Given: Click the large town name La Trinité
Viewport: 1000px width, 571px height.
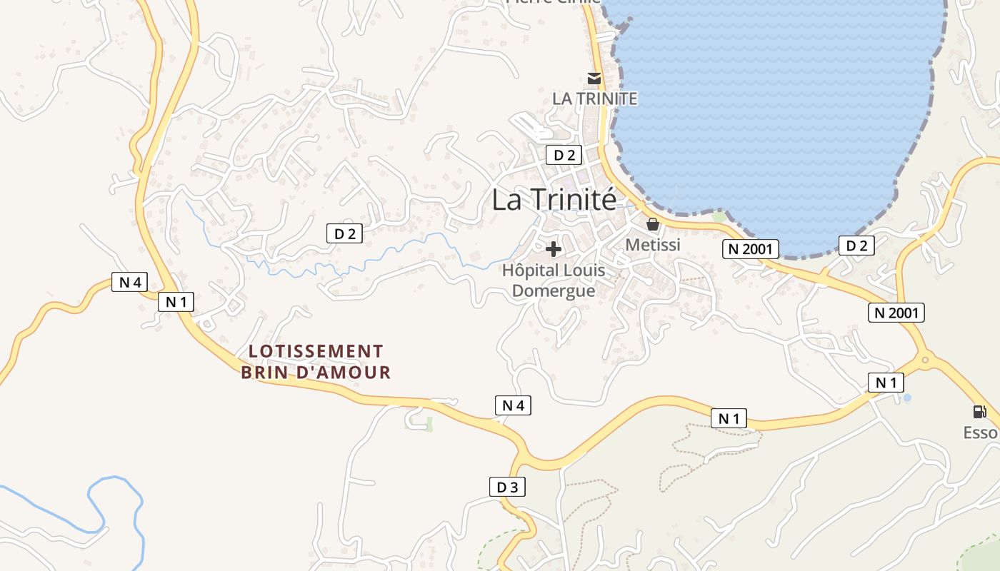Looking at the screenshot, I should [554, 200].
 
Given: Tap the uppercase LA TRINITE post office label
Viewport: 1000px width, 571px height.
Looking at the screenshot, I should [594, 98].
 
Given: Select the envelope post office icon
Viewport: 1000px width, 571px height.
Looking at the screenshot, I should [594, 78].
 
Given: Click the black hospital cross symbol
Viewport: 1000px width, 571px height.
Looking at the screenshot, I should [554, 249].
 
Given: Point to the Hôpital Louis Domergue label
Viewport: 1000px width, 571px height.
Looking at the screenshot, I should [554, 281].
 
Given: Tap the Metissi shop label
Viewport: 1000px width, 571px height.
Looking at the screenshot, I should [653, 245].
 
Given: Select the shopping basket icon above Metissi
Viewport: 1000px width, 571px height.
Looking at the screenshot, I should [653, 224].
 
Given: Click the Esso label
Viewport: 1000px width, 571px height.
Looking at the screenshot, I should [980, 433].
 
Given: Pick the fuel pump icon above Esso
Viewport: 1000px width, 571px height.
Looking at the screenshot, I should [980, 412].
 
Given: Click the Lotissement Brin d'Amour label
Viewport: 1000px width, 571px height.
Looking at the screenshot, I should [316, 362].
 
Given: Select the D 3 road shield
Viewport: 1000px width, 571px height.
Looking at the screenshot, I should [507, 487].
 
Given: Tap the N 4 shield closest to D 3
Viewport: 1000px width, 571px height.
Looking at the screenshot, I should [513, 405].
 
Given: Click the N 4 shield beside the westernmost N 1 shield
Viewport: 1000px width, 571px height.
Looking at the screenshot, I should [129, 282].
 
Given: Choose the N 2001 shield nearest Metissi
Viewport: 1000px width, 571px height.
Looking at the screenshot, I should [750, 248].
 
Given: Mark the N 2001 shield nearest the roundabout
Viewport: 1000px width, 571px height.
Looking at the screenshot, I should [896, 312].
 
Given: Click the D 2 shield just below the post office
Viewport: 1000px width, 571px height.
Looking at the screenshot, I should [564, 155].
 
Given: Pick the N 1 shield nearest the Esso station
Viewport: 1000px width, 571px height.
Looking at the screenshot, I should [886, 383].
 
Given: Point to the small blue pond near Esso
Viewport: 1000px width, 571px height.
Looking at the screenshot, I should [907, 398].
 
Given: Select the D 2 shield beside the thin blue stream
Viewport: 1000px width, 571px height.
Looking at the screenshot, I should [344, 233].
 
